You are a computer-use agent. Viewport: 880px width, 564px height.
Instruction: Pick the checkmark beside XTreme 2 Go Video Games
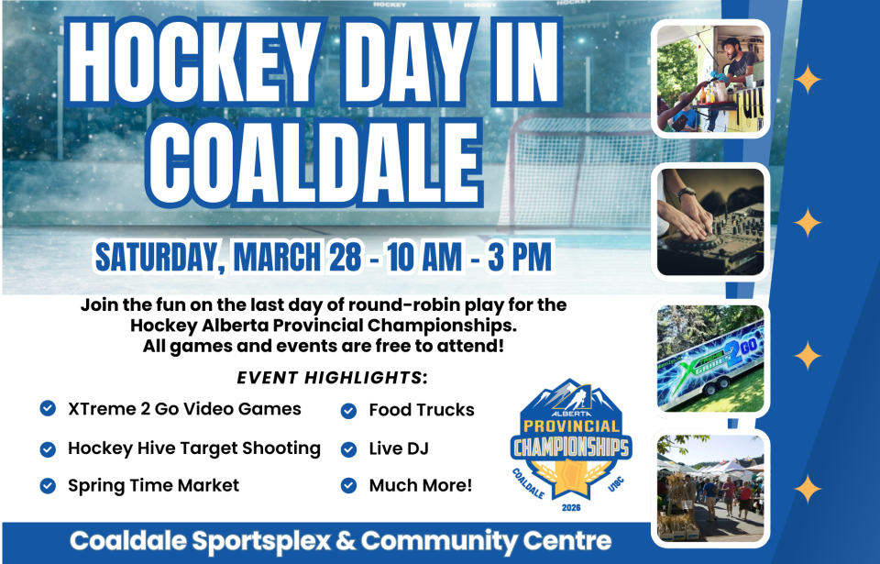48,408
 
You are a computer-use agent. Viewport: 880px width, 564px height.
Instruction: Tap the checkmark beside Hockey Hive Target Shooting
48,448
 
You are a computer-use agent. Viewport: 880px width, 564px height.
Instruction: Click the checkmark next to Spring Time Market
48,485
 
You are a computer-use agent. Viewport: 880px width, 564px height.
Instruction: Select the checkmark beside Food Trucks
348,410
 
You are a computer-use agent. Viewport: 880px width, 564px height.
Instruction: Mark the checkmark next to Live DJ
348,448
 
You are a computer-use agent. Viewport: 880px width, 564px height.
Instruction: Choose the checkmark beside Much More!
348,485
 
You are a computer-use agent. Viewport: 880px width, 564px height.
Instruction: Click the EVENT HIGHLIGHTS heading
333,378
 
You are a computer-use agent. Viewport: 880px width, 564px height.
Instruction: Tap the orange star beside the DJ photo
808,223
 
